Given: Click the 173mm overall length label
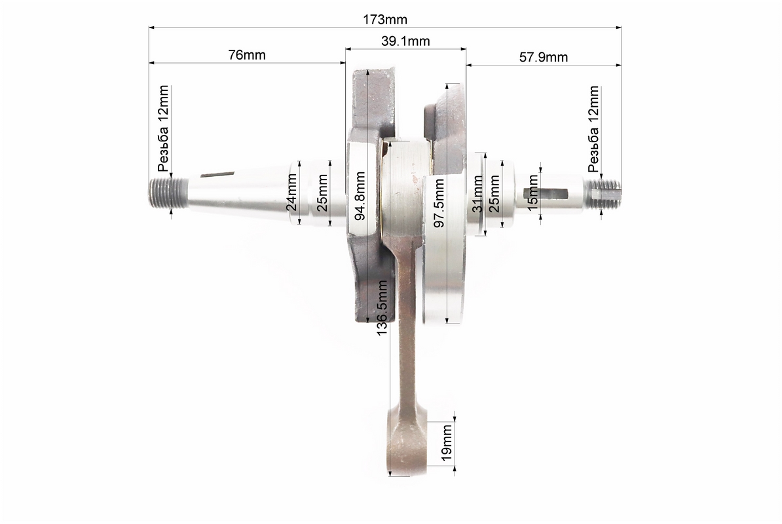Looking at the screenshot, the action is pyautogui.click(x=384, y=20).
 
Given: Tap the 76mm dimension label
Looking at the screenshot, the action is pyautogui.click(x=247, y=55).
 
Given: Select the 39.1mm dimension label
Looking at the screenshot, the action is pyautogui.click(x=405, y=41).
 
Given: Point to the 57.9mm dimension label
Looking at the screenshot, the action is pyautogui.click(x=544, y=57).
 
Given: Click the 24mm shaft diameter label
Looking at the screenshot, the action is pyautogui.click(x=291, y=192).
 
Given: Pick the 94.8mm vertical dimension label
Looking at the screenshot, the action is pyautogui.click(x=360, y=196).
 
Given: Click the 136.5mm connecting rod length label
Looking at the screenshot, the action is pyautogui.click(x=382, y=308).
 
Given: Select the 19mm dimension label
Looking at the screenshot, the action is pyautogui.click(x=447, y=443).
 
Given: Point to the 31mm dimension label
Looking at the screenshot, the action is pyautogui.click(x=477, y=194).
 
